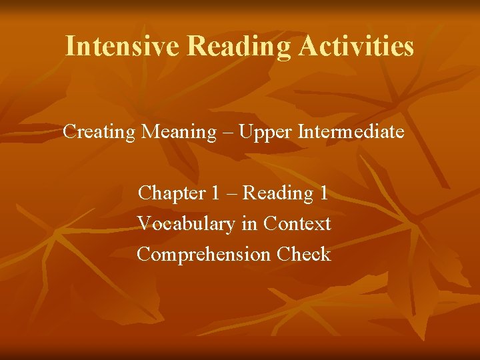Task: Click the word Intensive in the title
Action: pyautogui.click(x=123, y=46)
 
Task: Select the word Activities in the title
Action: pyautogui.click(x=357, y=46)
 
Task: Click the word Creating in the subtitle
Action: pyautogui.click(x=99, y=132)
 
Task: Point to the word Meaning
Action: pyautogui.click(x=179, y=132)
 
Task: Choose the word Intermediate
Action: pyautogui.click(x=351, y=132)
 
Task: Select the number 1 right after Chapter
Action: pyautogui.click(x=215, y=193)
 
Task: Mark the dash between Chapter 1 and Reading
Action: pyautogui.click(x=231, y=194)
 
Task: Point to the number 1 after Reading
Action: pyautogui.click(x=324, y=193)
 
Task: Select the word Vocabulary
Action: pyautogui.click(x=186, y=224)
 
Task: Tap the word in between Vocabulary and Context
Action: pyautogui.click(x=249, y=224)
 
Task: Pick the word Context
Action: pyautogui.click(x=297, y=224)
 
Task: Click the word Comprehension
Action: pyautogui.click(x=203, y=255)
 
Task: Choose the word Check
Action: pyautogui.click(x=304, y=255)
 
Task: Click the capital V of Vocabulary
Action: pyautogui.click(x=143, y=224)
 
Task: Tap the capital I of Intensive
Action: pyautogui.click(x=70, y=46)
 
